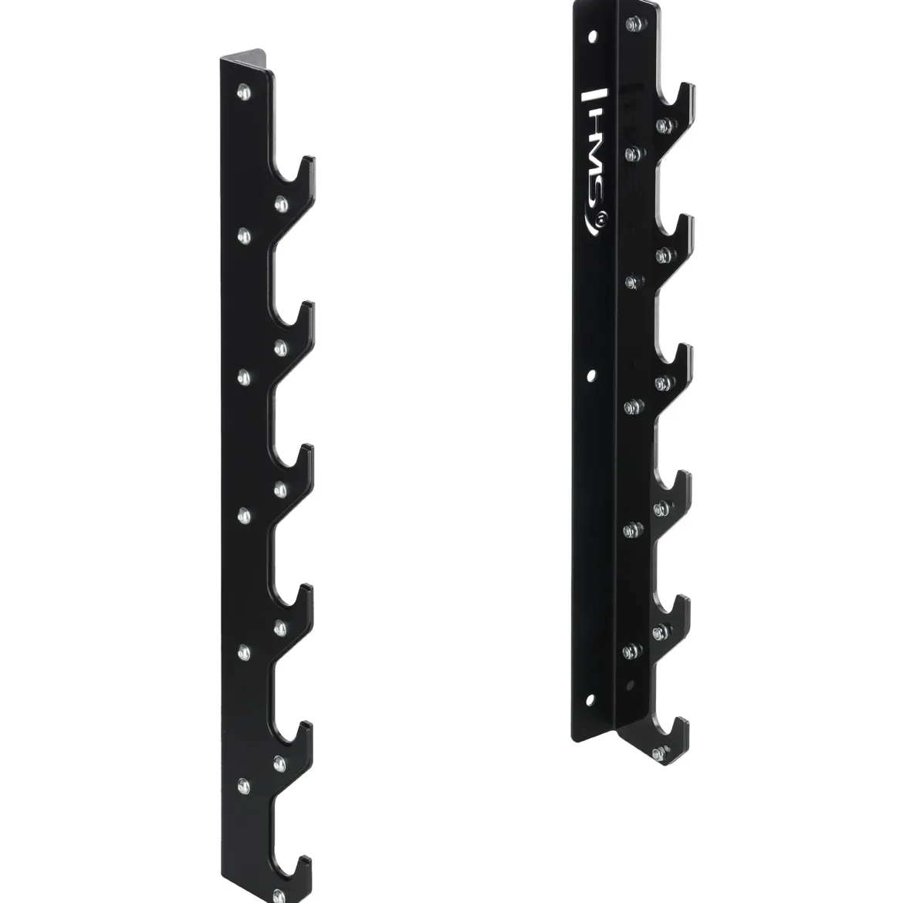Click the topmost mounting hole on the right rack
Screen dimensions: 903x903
592,36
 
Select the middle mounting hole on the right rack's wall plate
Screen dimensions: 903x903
591,376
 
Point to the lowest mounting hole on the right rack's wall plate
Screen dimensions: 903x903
590,700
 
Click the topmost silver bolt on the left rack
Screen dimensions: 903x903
244,92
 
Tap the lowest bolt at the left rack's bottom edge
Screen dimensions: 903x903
279,895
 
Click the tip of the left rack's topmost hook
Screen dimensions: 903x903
308,159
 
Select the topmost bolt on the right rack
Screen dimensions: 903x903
634,24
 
